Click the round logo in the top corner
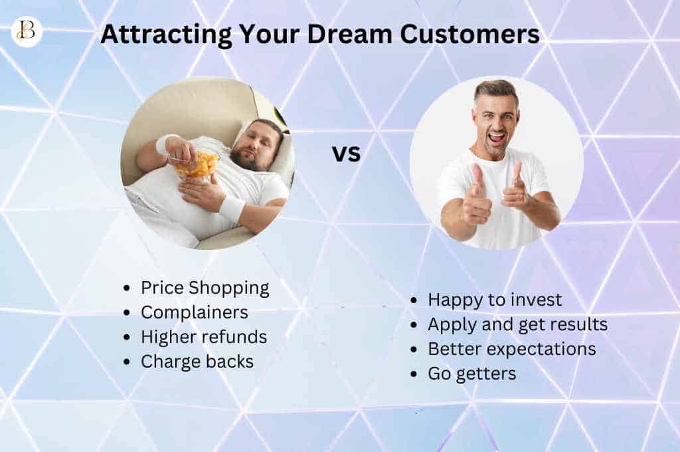click(x=27, y=31)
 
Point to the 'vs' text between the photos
click(x=346, y=154)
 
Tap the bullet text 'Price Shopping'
click(x=205, y=288)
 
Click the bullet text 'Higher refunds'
click(x=203, y=337)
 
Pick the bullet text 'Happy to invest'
click(x=495, y=300)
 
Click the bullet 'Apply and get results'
click(x=517, y=324)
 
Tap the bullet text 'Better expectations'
click(x=511, y=349)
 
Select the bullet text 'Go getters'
click(x=471, y=374)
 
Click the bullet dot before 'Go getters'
click(x=414, y=374)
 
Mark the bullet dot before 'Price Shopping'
click(x=127, y=288)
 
